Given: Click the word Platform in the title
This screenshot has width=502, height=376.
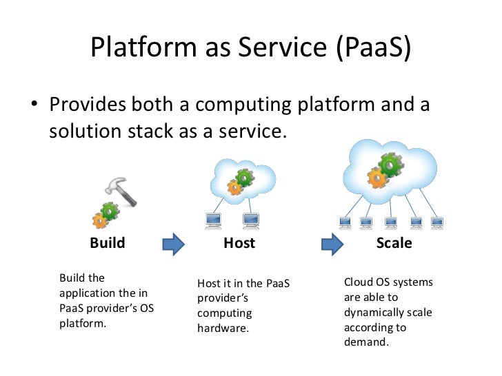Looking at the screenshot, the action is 143,47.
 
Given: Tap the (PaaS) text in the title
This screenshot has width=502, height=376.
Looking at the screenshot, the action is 374,48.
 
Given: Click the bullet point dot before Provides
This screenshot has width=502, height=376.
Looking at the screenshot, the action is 34,103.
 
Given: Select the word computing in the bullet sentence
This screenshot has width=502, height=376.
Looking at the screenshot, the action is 243,105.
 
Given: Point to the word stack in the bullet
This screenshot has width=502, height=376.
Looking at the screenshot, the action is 150,131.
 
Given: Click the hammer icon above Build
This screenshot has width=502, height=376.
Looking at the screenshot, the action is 121,191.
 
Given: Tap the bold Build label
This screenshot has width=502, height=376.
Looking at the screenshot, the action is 108,242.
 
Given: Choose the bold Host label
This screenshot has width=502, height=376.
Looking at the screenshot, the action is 239,243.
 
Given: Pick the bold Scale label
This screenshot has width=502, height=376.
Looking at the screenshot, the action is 394,243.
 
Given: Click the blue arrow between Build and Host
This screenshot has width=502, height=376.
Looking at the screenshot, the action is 174,244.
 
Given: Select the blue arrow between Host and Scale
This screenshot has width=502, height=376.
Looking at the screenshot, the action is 332,244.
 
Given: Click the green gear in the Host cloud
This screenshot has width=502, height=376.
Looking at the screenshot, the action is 245,178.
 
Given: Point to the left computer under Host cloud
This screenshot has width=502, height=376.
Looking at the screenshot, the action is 213,221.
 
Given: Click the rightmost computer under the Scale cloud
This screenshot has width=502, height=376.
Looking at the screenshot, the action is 437,223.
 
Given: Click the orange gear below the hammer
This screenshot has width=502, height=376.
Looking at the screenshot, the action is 99,220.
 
